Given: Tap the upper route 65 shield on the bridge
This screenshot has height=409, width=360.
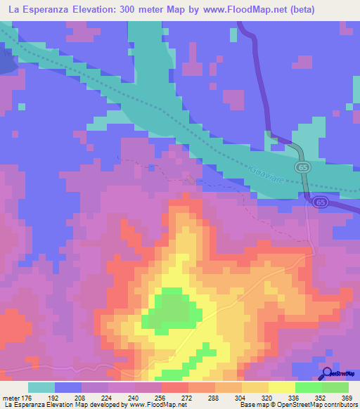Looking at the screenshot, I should point(302,167).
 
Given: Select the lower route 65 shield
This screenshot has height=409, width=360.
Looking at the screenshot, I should point(320,201).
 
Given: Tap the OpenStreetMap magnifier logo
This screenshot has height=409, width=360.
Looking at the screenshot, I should point(327,374).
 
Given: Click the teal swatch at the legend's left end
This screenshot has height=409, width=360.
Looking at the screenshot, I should point(41,387).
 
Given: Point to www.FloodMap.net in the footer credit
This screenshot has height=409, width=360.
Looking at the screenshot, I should point(153,405).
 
